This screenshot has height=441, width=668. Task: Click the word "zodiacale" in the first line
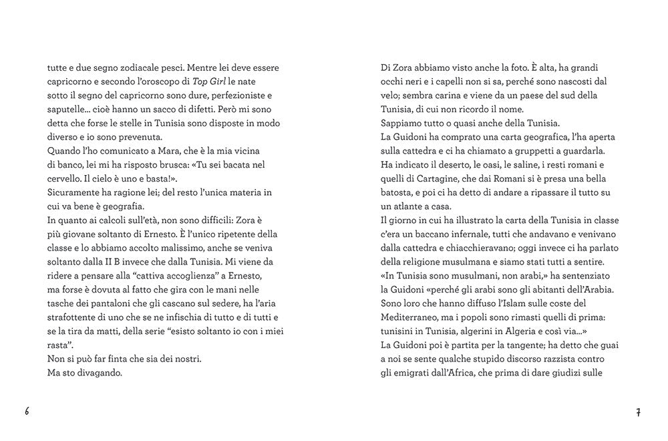[x=123, y=68]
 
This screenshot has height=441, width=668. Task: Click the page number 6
[x=27, y=412]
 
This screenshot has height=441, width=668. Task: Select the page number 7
[x=639, y=412]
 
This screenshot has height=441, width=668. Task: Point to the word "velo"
[x=391, y=95]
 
